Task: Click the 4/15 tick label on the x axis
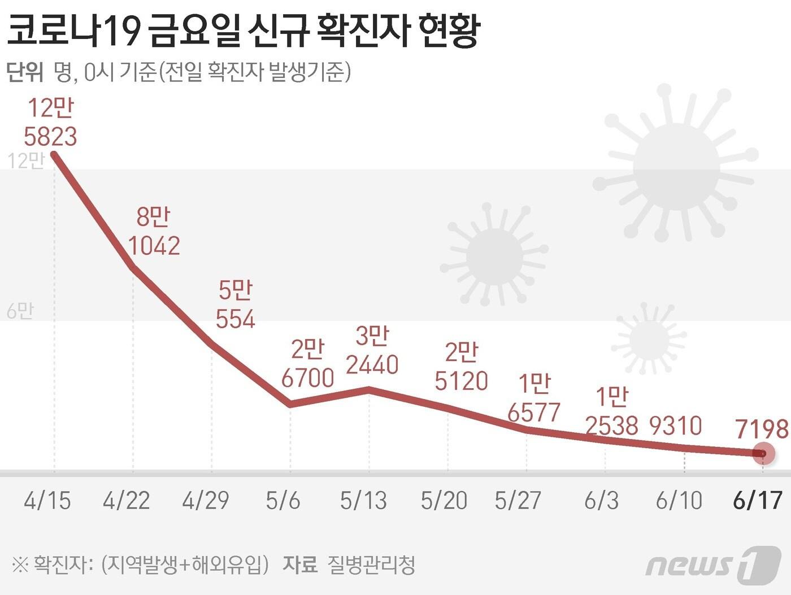[x=47, y=501]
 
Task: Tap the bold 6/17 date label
[x=757, y=501]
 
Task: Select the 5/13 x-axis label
[x=363, y=501]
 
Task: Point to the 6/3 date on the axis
[x=601, y=501]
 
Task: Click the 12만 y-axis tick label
[x=25, y=161]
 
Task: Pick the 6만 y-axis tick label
[x=20, y=311]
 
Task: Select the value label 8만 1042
[x=154, y=232]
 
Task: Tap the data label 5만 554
[x=236, y=305]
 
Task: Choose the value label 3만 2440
[x=372, y=351]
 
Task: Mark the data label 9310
[x=675, y=426]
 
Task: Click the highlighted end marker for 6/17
[x=763, y=453]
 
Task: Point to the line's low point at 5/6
[x=290, y=404]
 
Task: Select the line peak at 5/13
[x=369, y=389]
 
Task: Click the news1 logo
[x=713, y=564]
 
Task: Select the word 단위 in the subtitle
[x=25, y=72]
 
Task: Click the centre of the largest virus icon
[x=676, y=168]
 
